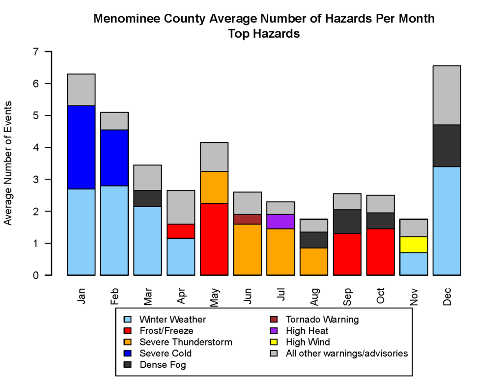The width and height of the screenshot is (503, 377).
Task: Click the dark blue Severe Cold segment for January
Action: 81,147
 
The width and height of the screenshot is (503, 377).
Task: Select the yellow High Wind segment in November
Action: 414,244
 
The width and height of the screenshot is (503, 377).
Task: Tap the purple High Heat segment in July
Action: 280,221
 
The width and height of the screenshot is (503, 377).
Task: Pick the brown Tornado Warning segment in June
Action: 247,219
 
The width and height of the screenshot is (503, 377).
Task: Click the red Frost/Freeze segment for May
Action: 214,239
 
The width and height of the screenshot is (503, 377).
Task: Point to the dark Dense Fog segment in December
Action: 447,146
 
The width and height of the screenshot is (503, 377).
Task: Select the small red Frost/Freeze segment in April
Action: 181,231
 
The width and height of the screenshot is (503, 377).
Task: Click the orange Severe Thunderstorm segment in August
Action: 314,261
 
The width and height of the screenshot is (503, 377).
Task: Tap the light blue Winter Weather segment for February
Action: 114,230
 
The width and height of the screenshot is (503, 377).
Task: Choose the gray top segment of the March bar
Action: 147,178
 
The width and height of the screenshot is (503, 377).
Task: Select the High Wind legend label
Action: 308,342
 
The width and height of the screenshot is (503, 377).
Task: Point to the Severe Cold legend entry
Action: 165,353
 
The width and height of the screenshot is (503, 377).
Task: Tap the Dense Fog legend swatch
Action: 127,365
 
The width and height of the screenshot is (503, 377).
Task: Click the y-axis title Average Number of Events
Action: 8,163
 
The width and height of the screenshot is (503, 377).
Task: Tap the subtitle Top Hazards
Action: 264,34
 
